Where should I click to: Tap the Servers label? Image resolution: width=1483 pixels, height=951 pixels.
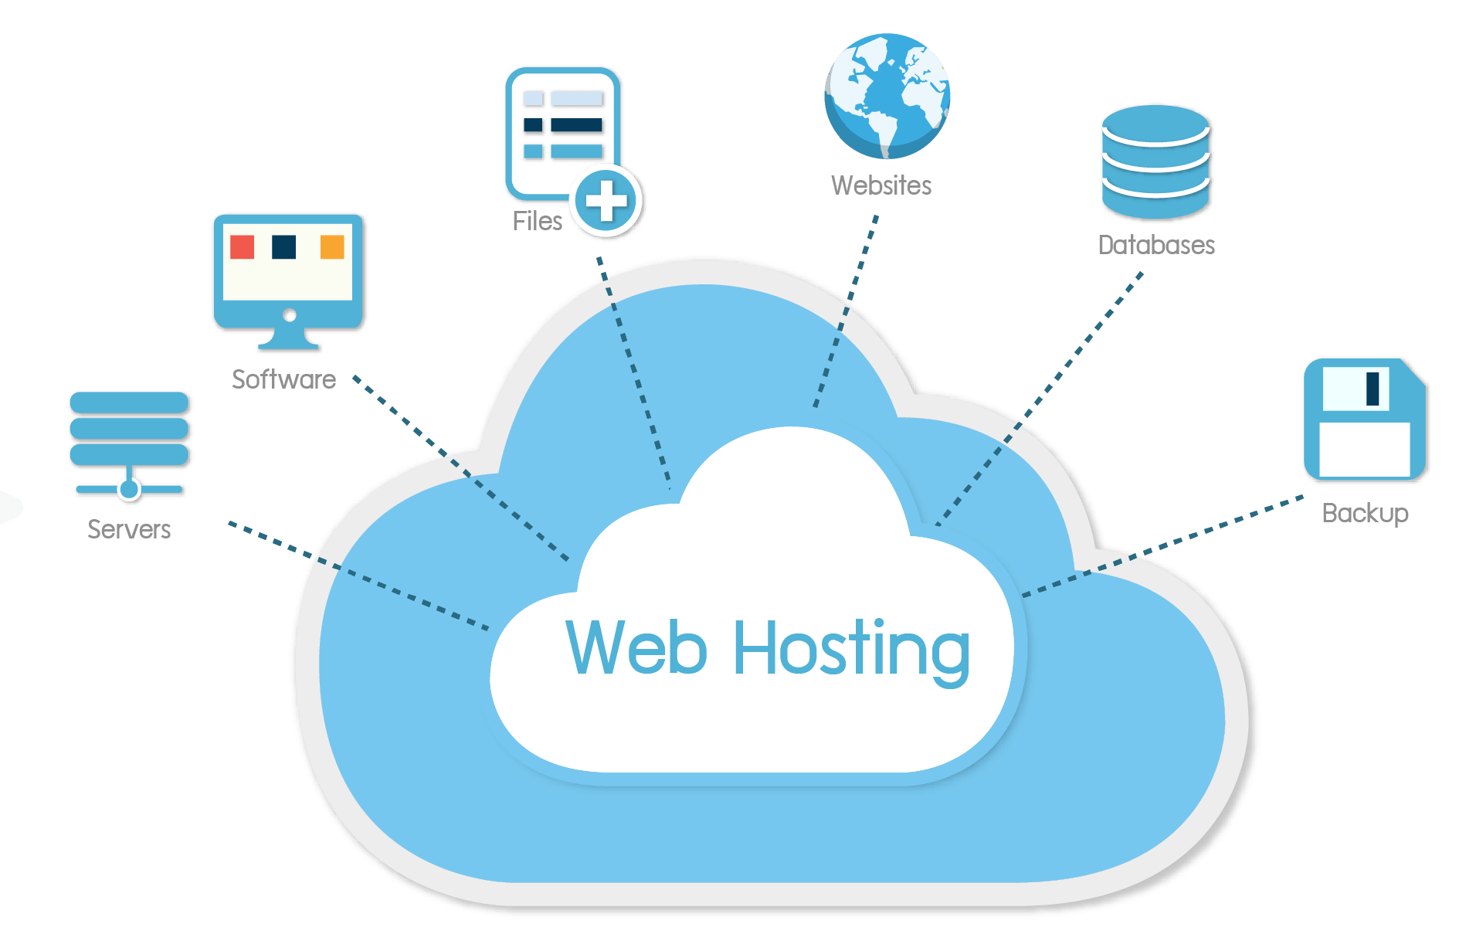click(129, 529)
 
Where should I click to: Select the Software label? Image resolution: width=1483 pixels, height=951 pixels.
click(283, 379)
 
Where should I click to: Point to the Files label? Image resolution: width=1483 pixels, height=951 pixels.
click(537, 222)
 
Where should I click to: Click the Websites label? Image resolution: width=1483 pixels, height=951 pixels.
click(881, 185)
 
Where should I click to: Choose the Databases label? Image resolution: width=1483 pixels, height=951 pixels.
click(1156, 245)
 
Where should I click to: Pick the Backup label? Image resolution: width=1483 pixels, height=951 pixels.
click(1365, 513)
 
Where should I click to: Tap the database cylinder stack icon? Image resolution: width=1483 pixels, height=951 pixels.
click(1156, 161)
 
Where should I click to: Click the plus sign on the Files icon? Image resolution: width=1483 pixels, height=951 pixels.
click(606, 201)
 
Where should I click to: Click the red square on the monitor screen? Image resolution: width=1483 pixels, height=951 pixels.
click(243, 247)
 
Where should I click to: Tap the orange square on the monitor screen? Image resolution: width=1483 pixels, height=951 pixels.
click(332, 247)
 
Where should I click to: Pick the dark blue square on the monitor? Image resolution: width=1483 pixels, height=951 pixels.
click(284, 247)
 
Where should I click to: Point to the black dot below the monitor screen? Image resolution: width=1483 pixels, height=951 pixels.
click(290, 314)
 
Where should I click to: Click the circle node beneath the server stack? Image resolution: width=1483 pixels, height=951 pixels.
click(129, 489)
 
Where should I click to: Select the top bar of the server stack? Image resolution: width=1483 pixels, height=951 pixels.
click(129, 402)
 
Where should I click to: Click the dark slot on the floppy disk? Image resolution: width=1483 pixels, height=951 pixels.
click(1373, 389)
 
